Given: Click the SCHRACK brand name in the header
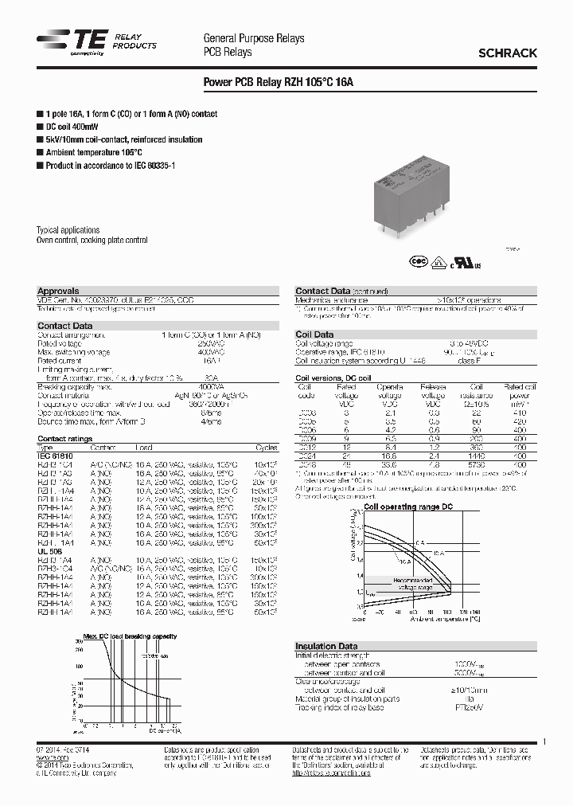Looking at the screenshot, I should [x=507, y=53].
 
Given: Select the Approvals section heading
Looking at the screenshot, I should [x=58, y=291].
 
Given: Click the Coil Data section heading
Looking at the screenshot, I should [x=314, y=335].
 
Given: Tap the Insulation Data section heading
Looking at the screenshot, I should [x=326, y=646].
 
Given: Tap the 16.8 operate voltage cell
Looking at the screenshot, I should [x=389, y=453].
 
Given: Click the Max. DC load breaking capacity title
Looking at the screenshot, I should [x=131, y=636].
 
